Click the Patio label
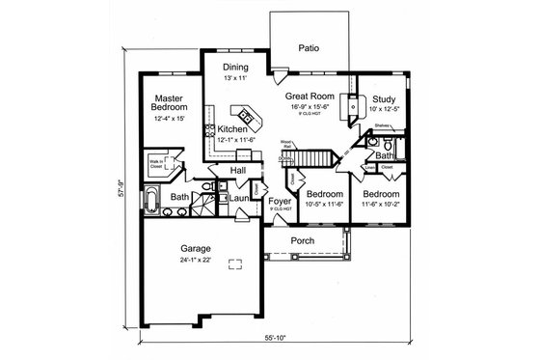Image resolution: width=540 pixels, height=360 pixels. click(x=309, y=46)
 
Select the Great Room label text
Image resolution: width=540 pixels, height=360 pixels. click(x=310, y=97)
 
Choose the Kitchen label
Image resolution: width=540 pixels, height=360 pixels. click(x=232, y=128)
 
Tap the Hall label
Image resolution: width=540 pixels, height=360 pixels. click(x=237, y=170)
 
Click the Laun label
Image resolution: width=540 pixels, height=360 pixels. click(x=240, y=198)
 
